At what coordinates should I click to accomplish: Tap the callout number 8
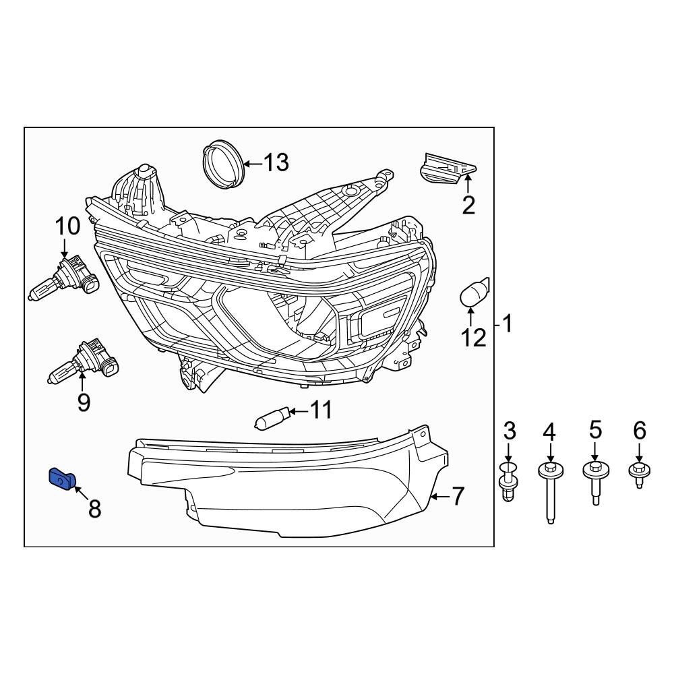point(94,509)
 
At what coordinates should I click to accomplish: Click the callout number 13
point(276,162)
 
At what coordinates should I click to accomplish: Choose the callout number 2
point(468,204)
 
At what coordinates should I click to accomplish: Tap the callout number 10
point(67,225)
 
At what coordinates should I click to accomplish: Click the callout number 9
point(84,402)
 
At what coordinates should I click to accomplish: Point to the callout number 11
point(321,410)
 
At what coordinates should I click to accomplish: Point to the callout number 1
point(507,324)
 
